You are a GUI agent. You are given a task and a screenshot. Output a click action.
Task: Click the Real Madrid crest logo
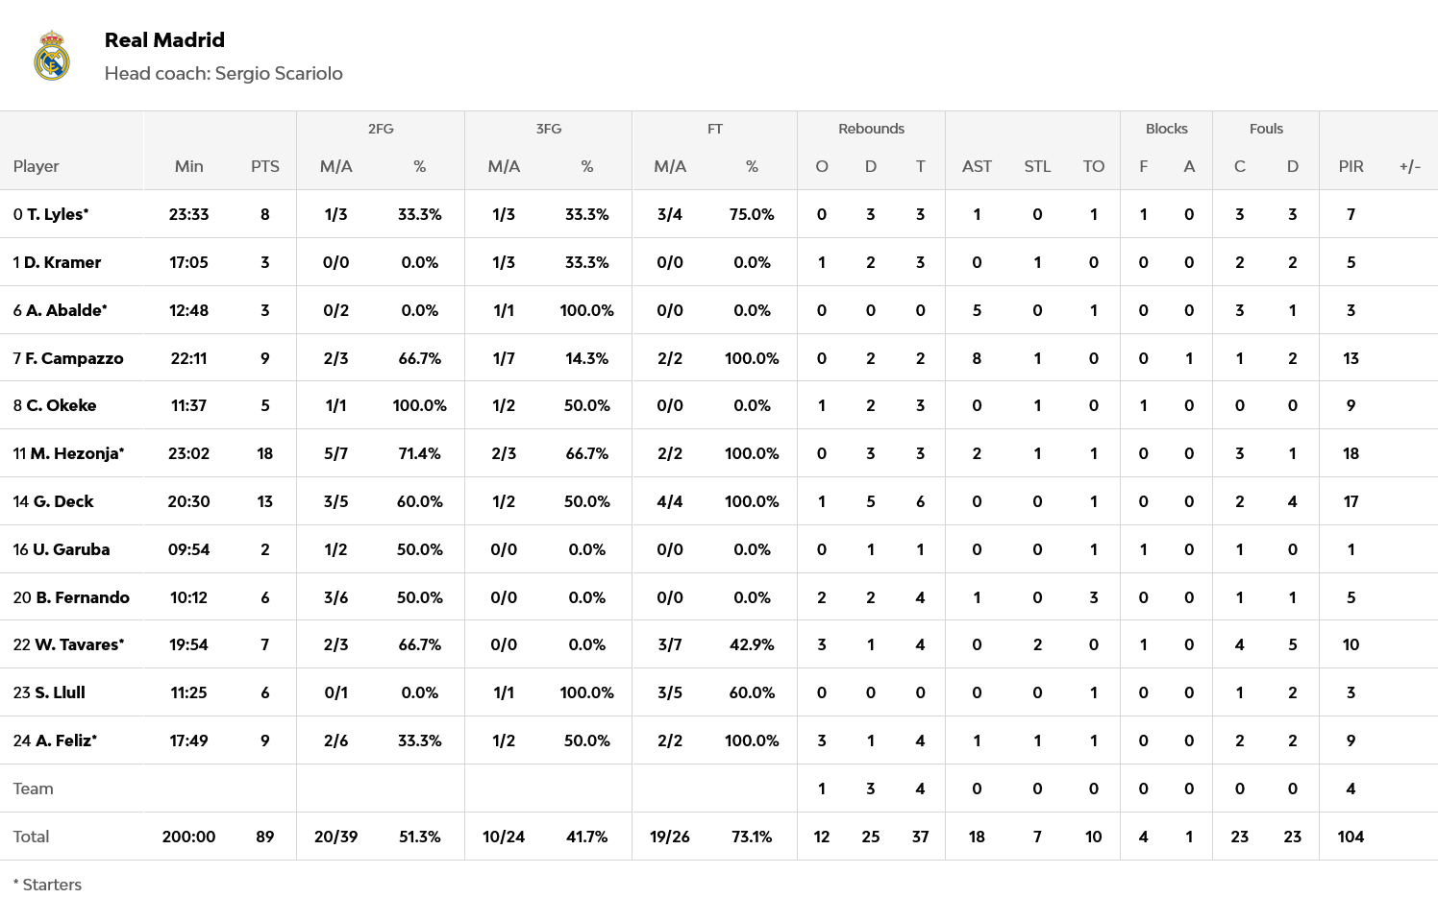pyautogui.click(x=52, y=56)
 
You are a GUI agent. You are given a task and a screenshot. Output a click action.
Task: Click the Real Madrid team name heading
pyautogui.click(x=164, y=40)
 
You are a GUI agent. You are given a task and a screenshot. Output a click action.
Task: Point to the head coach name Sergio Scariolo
pyautogui.click(x=279, y=74)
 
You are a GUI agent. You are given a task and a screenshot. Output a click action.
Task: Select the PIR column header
pyautogui.click(x=1351, y=166)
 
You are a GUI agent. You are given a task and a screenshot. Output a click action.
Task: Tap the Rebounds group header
pyautogui.click(x=871, y=129)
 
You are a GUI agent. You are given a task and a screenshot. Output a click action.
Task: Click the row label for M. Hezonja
pyautogui.click(x=69, y=453)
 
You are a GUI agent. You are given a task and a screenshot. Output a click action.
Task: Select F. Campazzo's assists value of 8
pyautogui.click(x=977, y=358)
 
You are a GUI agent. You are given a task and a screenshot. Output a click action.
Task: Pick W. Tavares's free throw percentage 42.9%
pyautogui.click(x=752, y=644)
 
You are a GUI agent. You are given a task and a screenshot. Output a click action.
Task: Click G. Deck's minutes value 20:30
pyautogui.click(x=188, y=501)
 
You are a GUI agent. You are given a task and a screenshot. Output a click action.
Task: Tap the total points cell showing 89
pyautogui.click(x=265, y=837)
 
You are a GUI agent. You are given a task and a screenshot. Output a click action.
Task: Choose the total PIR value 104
pyautogui.click(x=1351, y=837)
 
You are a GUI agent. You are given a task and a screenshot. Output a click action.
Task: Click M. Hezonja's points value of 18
pyautogui.click(x=265, y=453)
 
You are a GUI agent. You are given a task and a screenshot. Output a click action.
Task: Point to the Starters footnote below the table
pyautogui.click(x=48, y=885)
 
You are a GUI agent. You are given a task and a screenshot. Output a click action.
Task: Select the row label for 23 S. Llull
pyautogui.click(x=49, y=692)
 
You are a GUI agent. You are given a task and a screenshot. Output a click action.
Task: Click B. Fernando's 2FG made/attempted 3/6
pyautogui.click(x=335, y=597)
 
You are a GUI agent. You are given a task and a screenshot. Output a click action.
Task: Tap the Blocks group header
pyautogui.click(x=1166, y=129)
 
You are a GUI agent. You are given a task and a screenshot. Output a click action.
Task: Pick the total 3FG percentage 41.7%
pyautogui.click(x=586, y=837)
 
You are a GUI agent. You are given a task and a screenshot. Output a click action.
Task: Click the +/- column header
pyautogui.click(x=1409, y=166)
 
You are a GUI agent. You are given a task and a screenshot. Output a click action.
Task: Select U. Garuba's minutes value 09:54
pyautogui.click(x=188, y=549)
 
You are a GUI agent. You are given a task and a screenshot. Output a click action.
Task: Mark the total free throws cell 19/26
pyautogui.click(x=669, y=837)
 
